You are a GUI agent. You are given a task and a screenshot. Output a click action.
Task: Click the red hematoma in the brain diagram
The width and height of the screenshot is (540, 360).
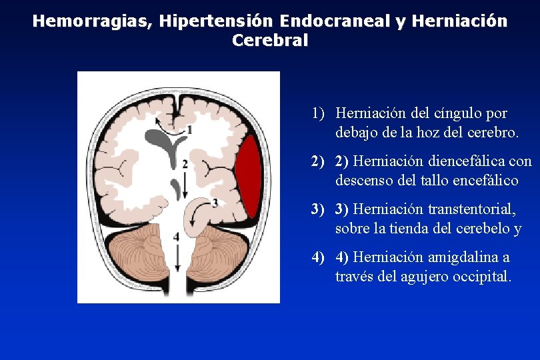coord(248,178)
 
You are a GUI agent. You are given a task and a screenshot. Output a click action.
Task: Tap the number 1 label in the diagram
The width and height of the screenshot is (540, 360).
coord(190,129)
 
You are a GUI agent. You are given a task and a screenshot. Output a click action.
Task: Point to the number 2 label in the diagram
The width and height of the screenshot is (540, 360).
coord(184,163)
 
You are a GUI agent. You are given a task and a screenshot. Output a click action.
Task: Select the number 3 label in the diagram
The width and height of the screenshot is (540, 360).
coord(215,201)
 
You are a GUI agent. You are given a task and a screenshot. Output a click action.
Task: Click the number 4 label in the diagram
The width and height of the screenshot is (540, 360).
coord(176,237)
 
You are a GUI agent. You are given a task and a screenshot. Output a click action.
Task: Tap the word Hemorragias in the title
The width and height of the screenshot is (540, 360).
coord(93,21)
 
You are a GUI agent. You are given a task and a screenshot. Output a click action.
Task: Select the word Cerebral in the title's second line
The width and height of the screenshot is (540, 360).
coord(270,40)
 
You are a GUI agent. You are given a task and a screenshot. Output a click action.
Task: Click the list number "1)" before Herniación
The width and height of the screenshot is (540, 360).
coord(317,114)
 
